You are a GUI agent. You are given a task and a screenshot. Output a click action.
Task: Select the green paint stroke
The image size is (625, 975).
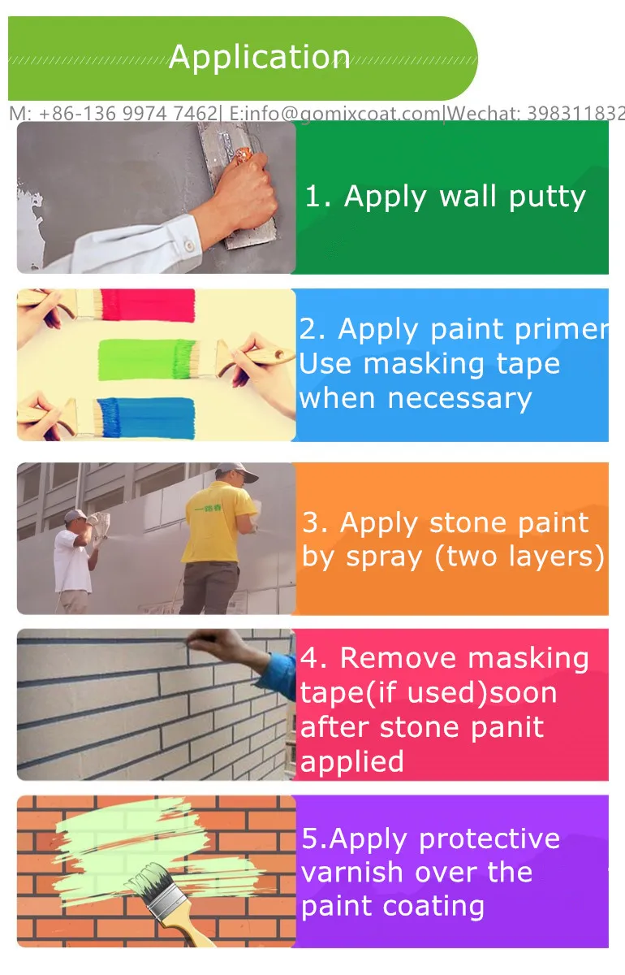click(146, 359)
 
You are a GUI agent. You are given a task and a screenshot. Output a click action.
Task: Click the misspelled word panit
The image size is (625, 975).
click(508, 726)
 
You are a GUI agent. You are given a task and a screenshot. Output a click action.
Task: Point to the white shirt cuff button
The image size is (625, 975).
click(187, 244)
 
